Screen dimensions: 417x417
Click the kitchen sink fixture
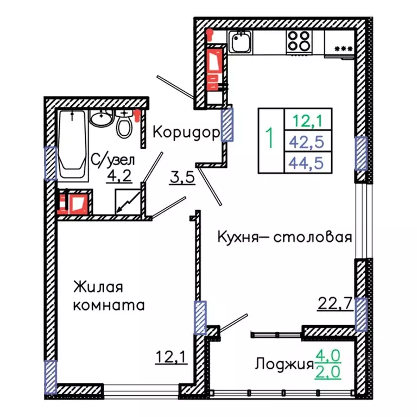coord(239,40)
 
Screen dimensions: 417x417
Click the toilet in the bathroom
coord(124,125)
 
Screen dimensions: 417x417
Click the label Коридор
coord(185,132)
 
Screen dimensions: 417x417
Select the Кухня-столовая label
coord(285,237)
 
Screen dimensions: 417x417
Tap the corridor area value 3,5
coord(182,178)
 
